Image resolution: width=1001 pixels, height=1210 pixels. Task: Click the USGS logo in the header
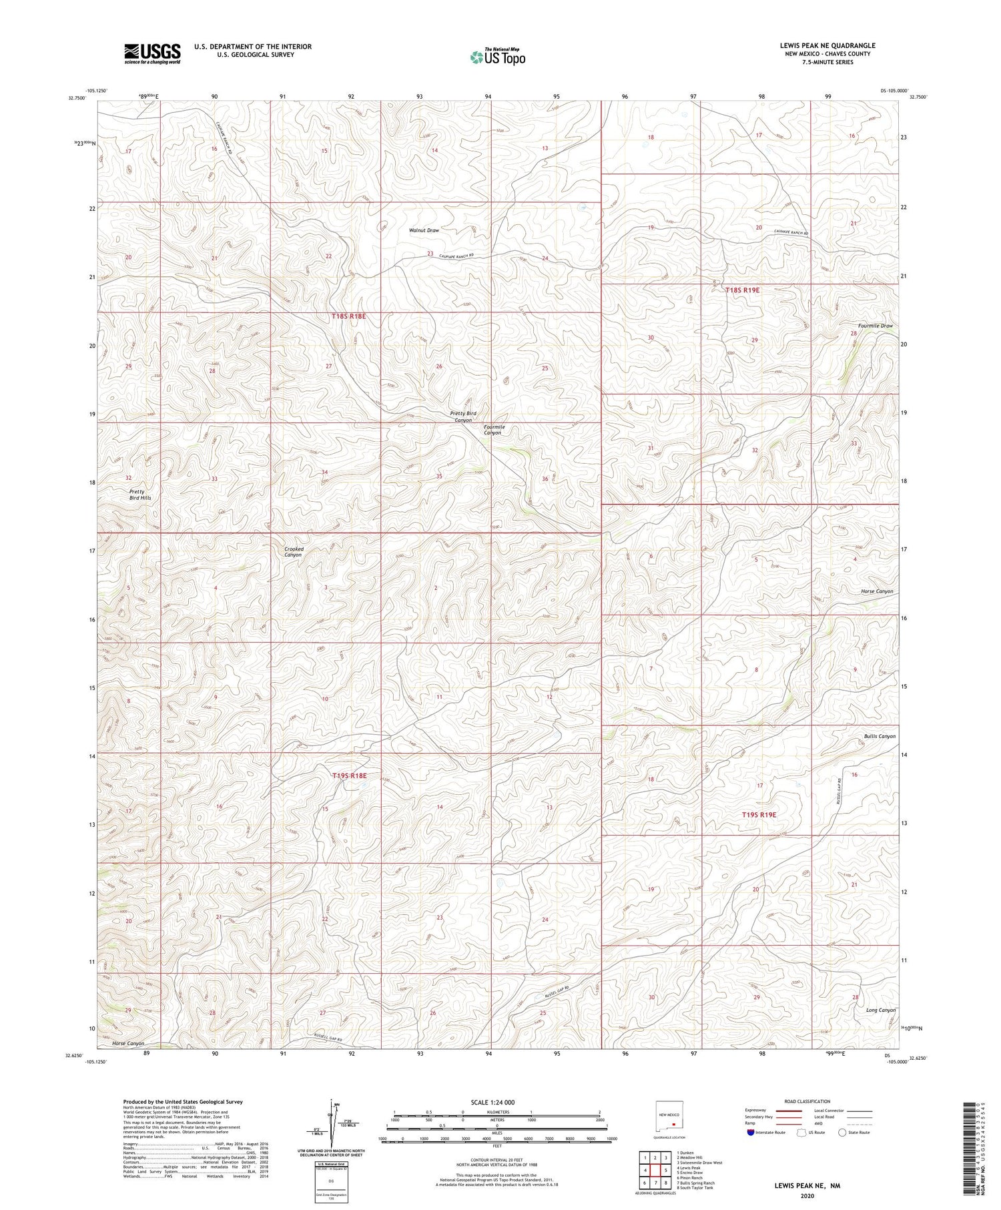pyautogui.click(x=151, y=53)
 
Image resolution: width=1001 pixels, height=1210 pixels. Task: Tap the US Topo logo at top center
pyautogui.click(x=496, y=57)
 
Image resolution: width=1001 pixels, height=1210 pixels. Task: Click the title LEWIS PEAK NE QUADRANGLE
pyautogui.click(x=827, y=45)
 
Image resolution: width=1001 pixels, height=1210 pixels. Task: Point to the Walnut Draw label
pyautogui.click(x=424, y=230)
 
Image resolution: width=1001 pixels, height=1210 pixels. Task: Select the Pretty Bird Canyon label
pyautogui.click(x=462, y=416)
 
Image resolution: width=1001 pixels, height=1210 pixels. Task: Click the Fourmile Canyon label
pyautogui.click(x=493, y=430)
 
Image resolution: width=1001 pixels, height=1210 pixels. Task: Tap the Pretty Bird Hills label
pyautogui.click(x=140, y=495)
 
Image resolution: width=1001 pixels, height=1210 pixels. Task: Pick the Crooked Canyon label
pyautogui.click(x=294, y=552)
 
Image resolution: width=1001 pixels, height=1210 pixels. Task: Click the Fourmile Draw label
pyautogui.click(x=875, y=326)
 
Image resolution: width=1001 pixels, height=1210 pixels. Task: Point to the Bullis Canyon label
pyautogui.click(x=879, y=736)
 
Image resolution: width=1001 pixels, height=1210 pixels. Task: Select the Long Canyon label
pyautogui.click(x=881, y=1010)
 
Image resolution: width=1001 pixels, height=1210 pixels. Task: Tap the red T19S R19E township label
pyautogui.click(x=759, y=815)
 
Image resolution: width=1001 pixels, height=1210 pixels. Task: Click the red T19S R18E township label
pyautogui.click(x=349, y=776)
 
